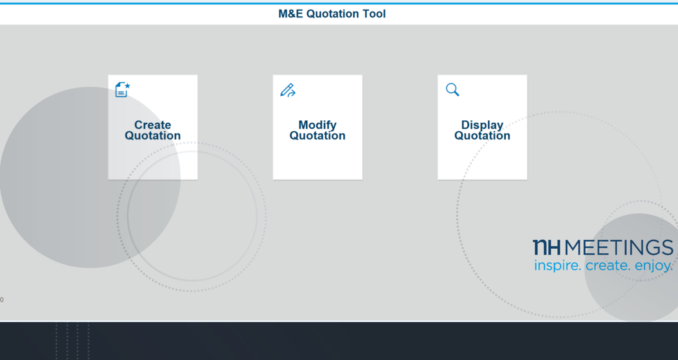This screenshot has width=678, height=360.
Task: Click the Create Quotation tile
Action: pos(153,127)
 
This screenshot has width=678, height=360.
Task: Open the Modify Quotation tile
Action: pos(317,127)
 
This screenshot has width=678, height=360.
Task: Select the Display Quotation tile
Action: pos(482,127)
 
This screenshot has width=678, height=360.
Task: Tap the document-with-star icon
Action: pos(123,89)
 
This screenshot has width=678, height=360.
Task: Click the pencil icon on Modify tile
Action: pos(287,90)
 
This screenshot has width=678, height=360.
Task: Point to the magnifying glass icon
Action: pos(452,89)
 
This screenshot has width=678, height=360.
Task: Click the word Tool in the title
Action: pos(374,14)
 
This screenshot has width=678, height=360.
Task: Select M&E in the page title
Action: pos(290,14)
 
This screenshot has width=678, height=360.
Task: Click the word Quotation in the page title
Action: pos(333,14)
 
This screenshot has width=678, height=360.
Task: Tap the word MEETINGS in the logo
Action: pos(619,248)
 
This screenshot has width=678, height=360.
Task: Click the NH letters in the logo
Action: pos(546,248)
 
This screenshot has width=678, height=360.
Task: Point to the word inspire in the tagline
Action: pos(557,265)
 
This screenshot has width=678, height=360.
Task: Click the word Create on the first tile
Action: pos(153,125)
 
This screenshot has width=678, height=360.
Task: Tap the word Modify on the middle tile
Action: pos(317,125)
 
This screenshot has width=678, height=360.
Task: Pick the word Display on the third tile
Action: pos(482,125)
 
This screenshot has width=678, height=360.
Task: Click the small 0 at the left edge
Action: pos(2,300)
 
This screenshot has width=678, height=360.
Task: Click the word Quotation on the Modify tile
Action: pos(317,136)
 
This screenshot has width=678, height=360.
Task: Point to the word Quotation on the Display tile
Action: pos(482,136)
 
